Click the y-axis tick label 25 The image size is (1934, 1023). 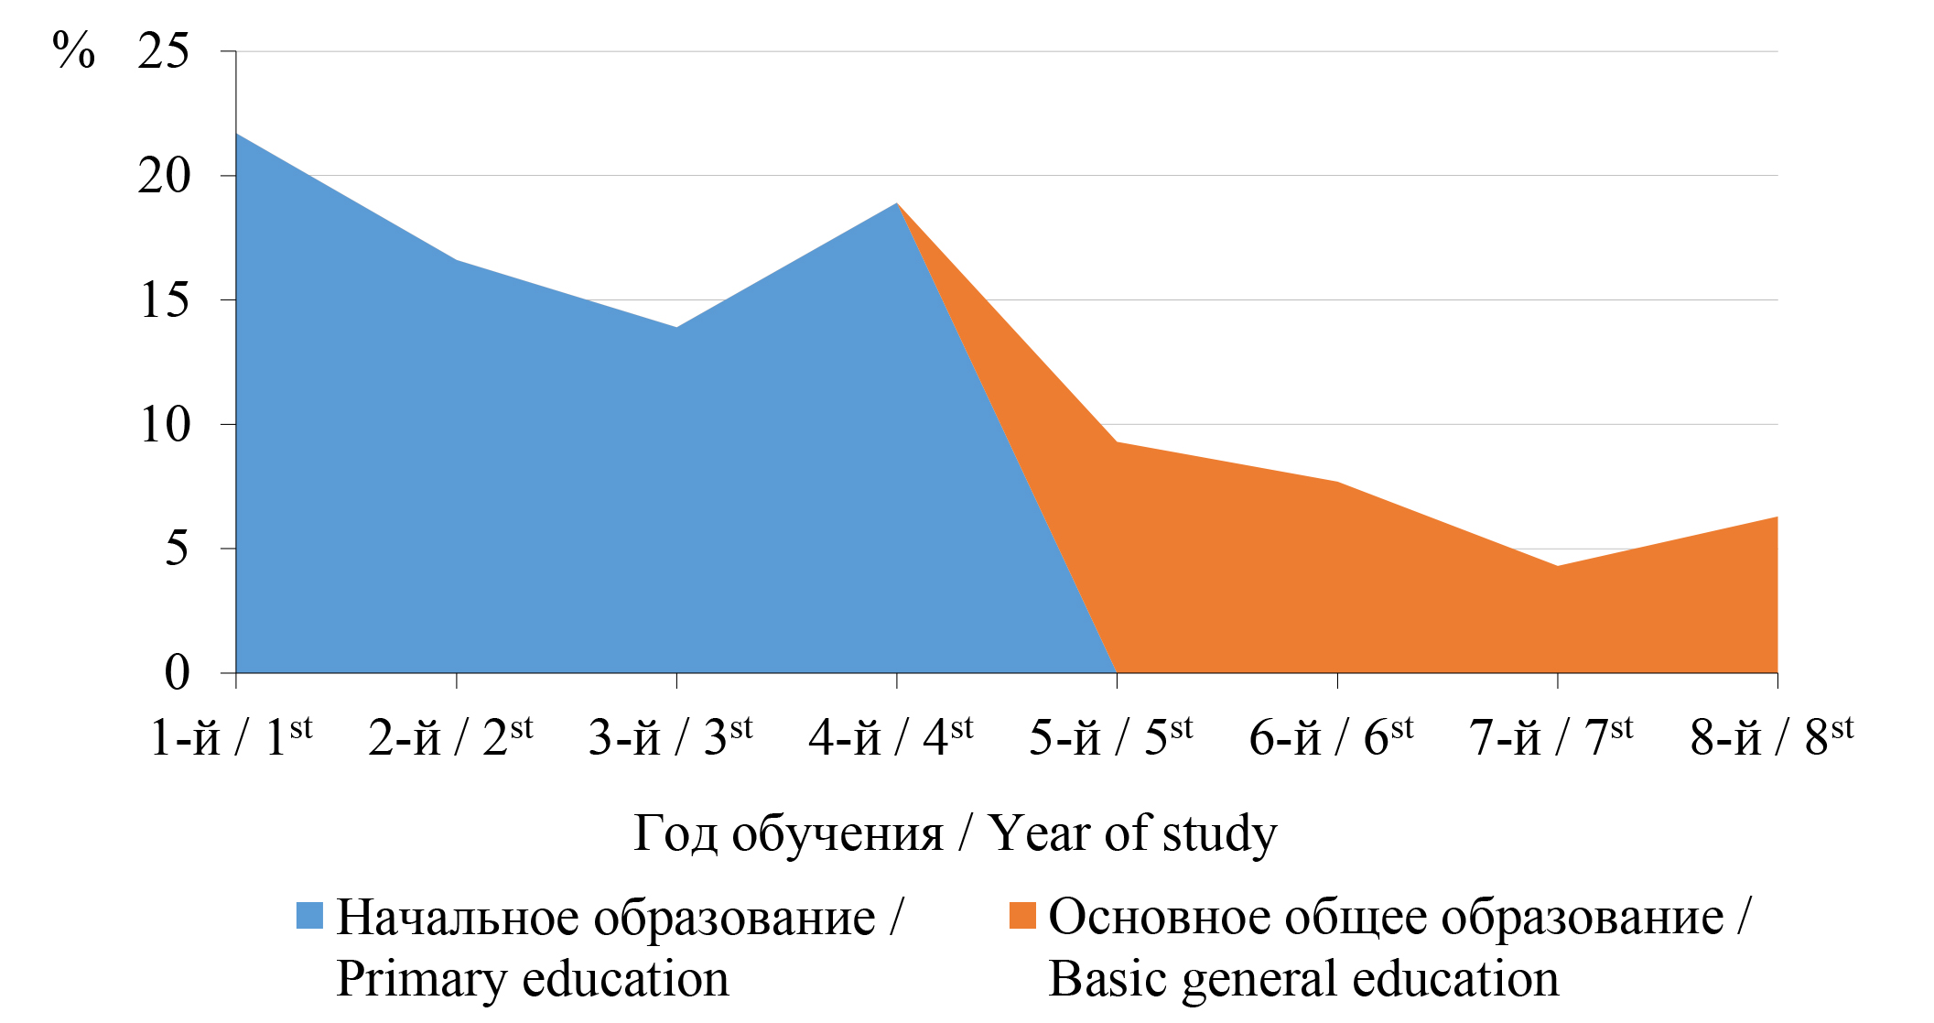pos(164,51)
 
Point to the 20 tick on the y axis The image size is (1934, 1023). pos(164,176)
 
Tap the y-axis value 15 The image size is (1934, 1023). pos(165,300)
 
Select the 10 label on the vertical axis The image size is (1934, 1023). pos(165,425)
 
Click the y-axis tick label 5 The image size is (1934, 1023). pos(177,549)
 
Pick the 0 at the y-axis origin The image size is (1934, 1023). pos(177,673)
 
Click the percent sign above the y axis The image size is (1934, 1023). pos(73,49)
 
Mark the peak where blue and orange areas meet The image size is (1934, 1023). pos(897,203)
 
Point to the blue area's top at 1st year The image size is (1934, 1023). pos(237,135)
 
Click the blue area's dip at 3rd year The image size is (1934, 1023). pos(676,327)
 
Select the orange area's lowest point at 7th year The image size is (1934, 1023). pos(1557,566)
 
